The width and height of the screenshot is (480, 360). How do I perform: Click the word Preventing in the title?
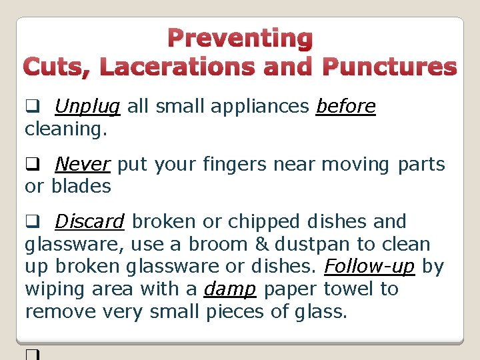[240, 39]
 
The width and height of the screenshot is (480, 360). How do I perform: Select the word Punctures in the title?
[389, 67]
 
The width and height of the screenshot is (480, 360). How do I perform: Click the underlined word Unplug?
[87, 107]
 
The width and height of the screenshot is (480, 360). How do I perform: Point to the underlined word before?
[345, 107]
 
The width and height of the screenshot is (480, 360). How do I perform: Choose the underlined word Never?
[82, 164]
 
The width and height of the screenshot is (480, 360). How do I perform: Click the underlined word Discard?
[89, 221]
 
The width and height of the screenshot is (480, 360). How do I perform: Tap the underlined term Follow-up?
[370, 267]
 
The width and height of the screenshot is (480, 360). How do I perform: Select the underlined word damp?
[230, 289]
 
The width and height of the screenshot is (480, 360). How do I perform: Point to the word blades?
[81, 187]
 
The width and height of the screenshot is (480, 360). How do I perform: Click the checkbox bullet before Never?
[31, 165]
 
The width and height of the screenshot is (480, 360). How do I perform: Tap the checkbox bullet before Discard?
[31, 222]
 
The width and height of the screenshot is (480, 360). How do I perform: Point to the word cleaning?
[65, 129]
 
